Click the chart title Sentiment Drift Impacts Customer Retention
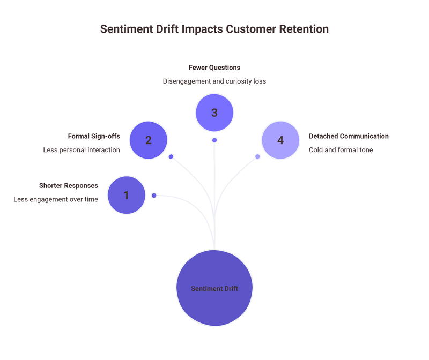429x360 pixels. tap(214, 29)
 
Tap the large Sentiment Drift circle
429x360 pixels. tap(214, 288)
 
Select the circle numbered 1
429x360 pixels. tap(127, 196)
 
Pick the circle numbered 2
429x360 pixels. tap(149, 140)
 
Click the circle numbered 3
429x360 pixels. tap(214, 113)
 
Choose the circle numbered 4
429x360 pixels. tap(280, 140)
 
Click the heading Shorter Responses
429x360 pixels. tap(69, 185)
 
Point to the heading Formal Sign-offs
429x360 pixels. tap(94, 136)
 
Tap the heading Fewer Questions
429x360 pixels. tap(214, 67)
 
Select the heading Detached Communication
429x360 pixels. tap(349, 136)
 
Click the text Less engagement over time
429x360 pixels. tap(56, 199)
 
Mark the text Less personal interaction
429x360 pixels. tap(82, 150)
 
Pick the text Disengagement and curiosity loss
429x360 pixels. tap(214, 81)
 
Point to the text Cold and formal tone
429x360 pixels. tap(341, 150)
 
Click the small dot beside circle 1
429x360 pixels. tap(154, 196)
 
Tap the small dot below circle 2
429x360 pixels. tap(171, 156)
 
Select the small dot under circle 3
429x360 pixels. tap(214, 140)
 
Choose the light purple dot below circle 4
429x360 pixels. tap(257, 156)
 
